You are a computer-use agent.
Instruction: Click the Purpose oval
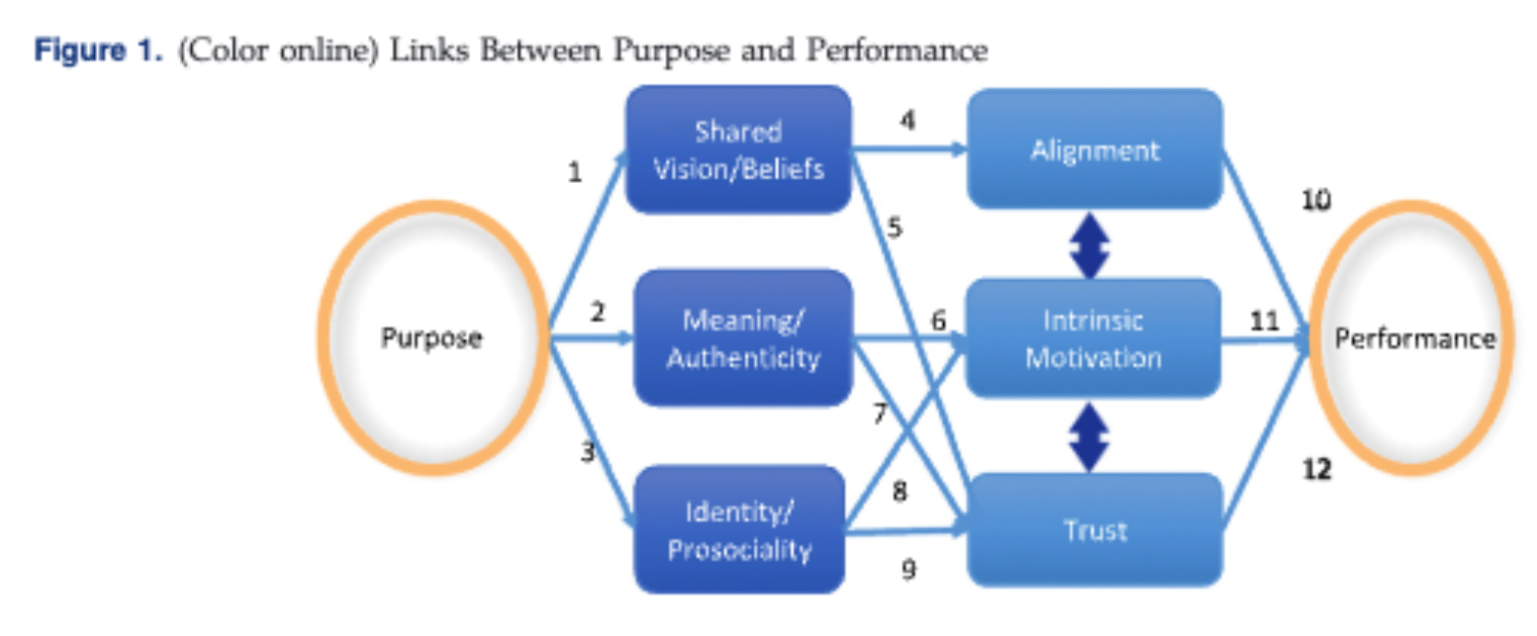(x=432, y=338)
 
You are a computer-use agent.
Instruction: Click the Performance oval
(x=1414, y=338)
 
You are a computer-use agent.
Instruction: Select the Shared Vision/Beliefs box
(x=738, y=150)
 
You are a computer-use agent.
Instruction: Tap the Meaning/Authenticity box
(x=742, y=338)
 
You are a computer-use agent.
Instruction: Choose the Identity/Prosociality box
(x=738, y=531)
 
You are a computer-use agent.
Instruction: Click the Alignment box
(x=1094, y=150)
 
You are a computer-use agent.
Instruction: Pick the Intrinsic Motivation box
(x=1094, y=338)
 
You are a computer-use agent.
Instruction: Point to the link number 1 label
(x=575, y=173)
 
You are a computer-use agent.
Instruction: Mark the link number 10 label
(x=1316, y=201)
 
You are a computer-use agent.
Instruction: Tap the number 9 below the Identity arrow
(x=909, y=569)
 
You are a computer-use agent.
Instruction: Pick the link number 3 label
(x=587, y=453)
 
